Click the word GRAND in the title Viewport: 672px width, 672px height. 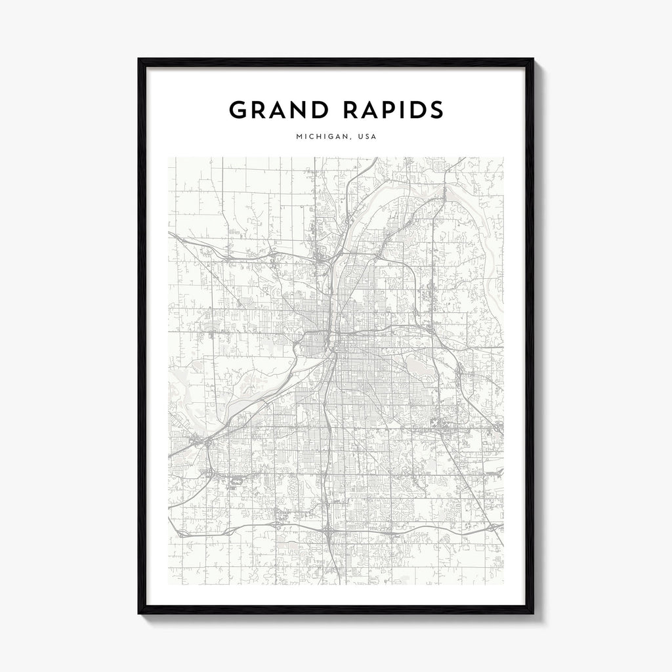[278, 110]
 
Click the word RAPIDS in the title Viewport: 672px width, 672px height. [390, 110]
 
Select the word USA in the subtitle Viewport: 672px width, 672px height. [368, 138]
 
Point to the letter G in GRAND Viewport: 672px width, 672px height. [238, 110]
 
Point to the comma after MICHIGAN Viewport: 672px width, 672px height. [348, 140]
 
